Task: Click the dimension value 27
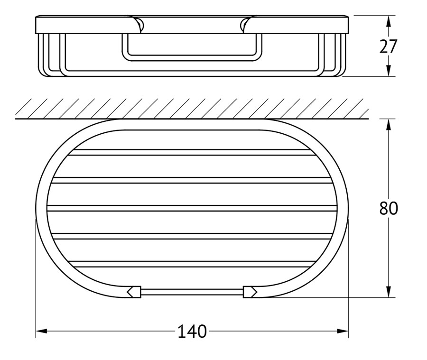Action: (389, 46)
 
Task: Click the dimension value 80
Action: (389, 208)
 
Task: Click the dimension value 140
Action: (192, 332)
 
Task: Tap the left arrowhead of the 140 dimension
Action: (41, 331)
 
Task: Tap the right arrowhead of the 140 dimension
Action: (343, 331)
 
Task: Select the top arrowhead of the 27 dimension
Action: (389, 21)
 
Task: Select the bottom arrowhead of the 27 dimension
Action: (389, 71)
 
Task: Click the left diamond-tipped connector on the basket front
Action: (134, 292)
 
